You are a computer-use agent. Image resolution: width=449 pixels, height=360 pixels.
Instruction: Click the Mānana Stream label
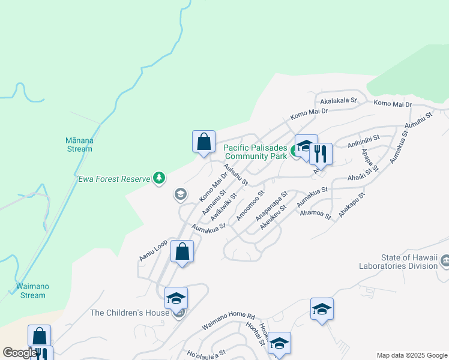[79, 145]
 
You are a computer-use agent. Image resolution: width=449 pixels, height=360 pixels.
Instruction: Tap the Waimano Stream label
[31, 291]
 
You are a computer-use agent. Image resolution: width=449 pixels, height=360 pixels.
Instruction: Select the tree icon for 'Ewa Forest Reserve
[159, 178]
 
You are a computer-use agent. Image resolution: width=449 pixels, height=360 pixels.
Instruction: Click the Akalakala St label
[339, 101]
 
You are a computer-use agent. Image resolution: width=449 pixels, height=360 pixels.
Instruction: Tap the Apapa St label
[368, 158]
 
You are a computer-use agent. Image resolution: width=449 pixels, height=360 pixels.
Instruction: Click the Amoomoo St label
[250, 205]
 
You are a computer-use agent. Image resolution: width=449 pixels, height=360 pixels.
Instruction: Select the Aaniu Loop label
[152, 251]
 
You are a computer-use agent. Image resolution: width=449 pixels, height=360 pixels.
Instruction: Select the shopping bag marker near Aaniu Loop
[182, 251]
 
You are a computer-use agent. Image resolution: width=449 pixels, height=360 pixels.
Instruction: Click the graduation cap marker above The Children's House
[176, 298]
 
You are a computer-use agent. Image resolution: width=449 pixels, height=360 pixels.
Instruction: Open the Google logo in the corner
[20, 353]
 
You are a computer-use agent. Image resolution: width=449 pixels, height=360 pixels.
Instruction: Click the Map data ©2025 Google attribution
[411, 355]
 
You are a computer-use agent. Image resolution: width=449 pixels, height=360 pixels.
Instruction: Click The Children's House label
[130, 313]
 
